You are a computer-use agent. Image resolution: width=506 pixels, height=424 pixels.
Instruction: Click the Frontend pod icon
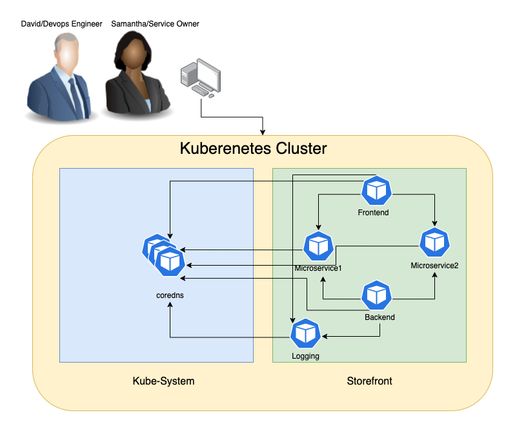(376, 190)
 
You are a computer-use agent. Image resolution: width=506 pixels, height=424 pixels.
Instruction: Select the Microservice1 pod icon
(318, 246)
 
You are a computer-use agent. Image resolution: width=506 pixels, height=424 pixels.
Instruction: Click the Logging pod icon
(305, 334)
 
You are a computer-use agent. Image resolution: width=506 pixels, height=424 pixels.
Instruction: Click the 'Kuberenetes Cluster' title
(253, 149)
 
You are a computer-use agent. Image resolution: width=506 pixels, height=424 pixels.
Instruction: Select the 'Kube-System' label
(163, 381)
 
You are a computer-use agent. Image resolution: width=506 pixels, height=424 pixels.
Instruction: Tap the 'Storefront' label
(369, 381)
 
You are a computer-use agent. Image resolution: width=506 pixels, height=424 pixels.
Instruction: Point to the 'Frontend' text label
(373, 212)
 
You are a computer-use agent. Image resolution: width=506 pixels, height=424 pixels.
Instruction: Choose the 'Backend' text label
(379, 317)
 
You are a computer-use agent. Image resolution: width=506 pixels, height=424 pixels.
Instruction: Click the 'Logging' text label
(305, 355)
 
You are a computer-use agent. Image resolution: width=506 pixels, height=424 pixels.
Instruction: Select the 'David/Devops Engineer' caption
(62, 25)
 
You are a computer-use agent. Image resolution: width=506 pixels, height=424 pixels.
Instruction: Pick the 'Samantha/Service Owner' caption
(155, 24)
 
